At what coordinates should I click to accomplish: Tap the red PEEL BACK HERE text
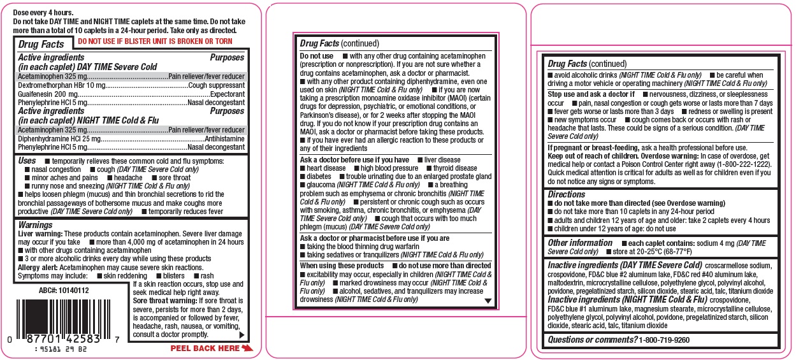pyautogui.click(x=205, y=349)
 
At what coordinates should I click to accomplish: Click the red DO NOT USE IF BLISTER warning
pyautogui.click(x=154, y=41)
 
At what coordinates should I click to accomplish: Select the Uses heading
pyautogui.click(x=27, y=161)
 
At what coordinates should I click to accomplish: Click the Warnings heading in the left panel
pyautogui.click(x=36, y=225)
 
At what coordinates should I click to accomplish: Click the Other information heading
pyautogui.click(x=580, y=243)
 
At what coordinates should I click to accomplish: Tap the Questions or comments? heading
pyautogui.click(x=592, y=340)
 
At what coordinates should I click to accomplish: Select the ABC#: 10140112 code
pyautogui.click(x=60, y=290)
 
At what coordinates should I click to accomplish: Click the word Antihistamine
pyautogui.click(x=224, y=138)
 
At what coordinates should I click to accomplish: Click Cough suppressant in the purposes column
pyautogui.click(x=217, y=85)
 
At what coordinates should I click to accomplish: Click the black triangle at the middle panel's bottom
pyautogui.click(x=488, y=301)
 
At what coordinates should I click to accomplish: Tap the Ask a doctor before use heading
pyautogui.click(x=354, y=159)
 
